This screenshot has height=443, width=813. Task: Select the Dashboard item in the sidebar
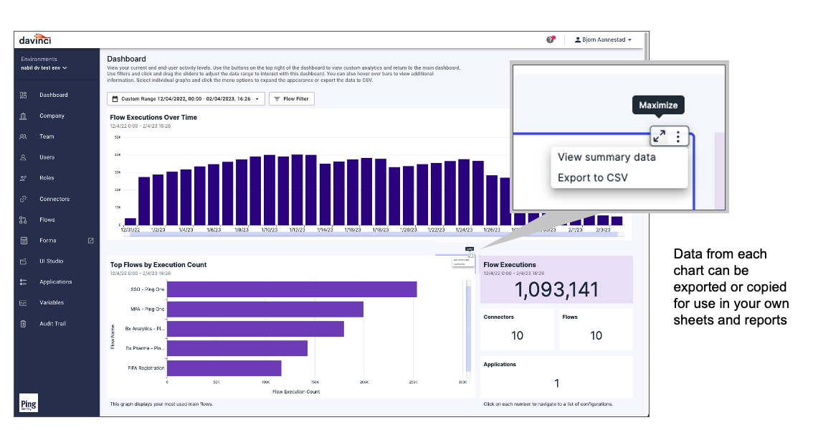(53, 95)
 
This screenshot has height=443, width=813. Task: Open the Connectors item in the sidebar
(54, 199)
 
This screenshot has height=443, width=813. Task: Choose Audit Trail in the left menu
(52, 324)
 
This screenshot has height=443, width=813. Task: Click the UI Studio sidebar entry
(51, 261)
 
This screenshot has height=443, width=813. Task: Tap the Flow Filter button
(291, 98)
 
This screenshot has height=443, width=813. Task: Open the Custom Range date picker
(186, 98)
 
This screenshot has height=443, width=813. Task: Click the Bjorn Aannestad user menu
(603, 40)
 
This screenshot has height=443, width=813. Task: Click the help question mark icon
(551, 40)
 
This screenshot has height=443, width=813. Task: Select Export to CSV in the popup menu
(592, 177)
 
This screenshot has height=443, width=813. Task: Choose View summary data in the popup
(607, 157)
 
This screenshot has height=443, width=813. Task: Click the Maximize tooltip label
(658, 106)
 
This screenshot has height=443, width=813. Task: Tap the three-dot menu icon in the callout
(678, 136)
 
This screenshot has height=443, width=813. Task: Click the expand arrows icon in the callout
(659, 136)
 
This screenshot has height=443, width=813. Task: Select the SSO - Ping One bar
(292, 289)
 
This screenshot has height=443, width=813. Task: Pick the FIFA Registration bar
(224, 368)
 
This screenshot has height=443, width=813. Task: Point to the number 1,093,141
(556, 289)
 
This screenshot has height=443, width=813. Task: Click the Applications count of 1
(557, 383)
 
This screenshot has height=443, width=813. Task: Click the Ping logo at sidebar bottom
(29, 404)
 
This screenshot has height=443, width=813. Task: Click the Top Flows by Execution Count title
(158, 265)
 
